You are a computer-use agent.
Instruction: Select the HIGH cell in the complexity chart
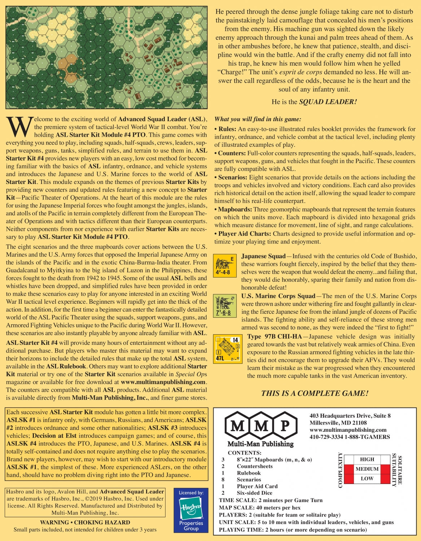(x=367, y=459)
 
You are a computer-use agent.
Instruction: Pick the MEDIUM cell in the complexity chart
(x=367, y=469)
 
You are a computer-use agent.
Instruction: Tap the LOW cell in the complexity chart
(x=367, y=479)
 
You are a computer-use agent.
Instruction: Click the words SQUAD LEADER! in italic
(x=328, y=102)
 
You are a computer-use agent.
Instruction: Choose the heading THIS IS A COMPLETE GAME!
(x=315, y=393)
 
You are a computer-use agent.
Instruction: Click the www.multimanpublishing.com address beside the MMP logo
(x=348, y=430)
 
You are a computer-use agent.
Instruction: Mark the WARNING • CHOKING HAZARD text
(x=85, y=522)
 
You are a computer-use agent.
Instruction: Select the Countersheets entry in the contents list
(x=254, y=466)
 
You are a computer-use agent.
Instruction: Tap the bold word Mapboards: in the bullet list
(x=235, y=210)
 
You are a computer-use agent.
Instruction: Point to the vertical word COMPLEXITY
(x=340, y=470)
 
